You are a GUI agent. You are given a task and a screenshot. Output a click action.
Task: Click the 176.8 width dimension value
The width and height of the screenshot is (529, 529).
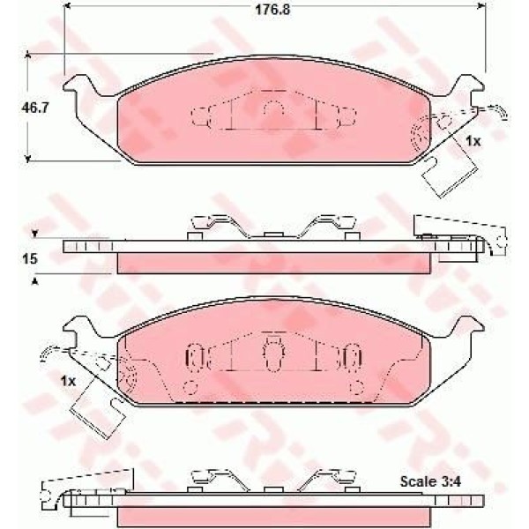pyautogui.click(x=272, y=10)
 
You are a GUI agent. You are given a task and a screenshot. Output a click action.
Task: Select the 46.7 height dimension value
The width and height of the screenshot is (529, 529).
pyautogui.click(x=35, y=108)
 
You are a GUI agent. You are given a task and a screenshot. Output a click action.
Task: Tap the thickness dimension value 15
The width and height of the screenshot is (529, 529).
pyautogui.click(x=30, y=259)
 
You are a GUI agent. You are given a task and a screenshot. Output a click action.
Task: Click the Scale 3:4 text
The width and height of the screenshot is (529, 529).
pyautogui.click(x=430, y=481)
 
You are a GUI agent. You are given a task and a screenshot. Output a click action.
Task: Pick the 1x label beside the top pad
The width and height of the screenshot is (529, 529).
pyautogui.click(x=473, y=141)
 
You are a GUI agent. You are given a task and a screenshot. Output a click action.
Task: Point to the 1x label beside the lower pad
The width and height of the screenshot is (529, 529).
pyautogui.click(x=68, y=381)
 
